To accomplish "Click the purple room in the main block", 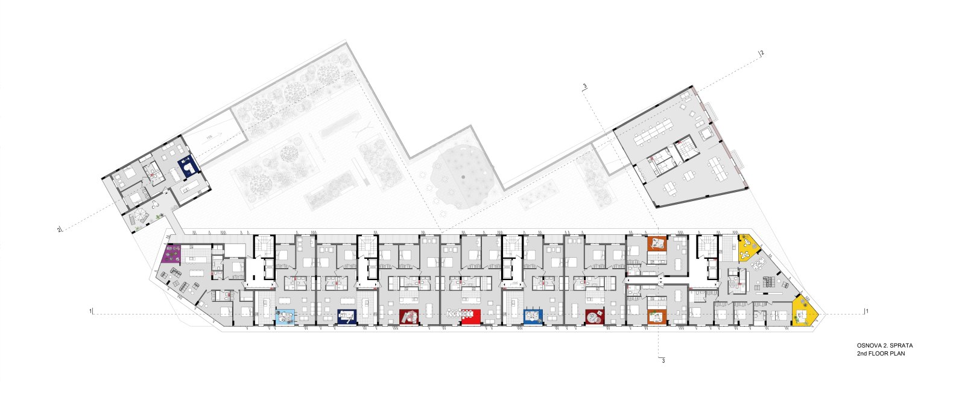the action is (x=171, y=254).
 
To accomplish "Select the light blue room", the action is (x=285, y=317).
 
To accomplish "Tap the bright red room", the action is (x=471, y=316).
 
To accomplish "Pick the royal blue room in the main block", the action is (x=533, y=316).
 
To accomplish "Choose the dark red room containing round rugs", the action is (x=595, y=316).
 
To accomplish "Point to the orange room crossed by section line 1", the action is (x=657, y=316).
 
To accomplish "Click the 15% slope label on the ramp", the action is (x=209, y=137).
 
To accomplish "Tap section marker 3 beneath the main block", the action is (x=663, y=360).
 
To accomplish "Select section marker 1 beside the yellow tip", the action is (x=867, y=311).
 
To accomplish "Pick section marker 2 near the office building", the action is (x=762, y=53).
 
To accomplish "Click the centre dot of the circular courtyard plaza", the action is (x=463, y=176).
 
